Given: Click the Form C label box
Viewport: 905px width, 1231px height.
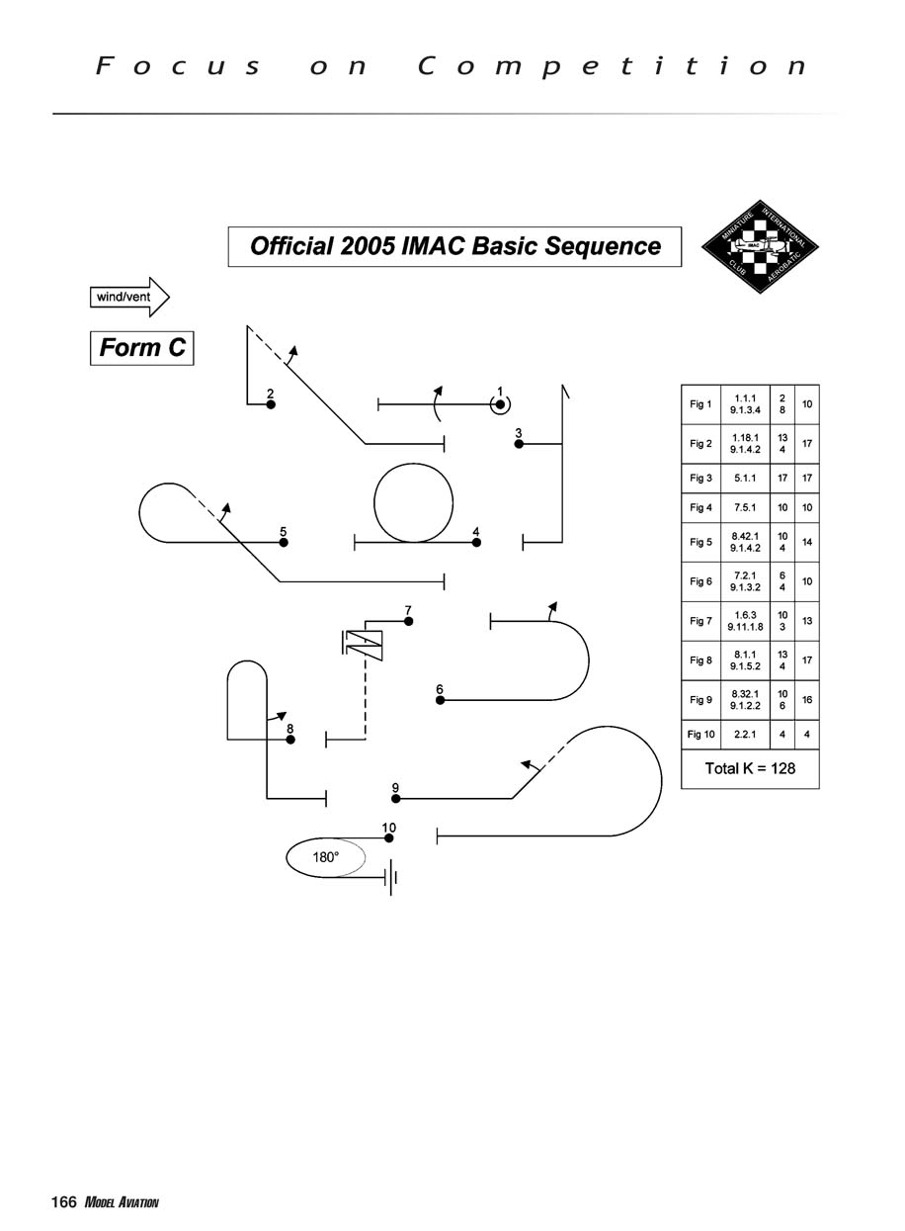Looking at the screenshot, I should [x=142, y=348].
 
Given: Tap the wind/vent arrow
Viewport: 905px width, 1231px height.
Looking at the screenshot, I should [x=129, y=297].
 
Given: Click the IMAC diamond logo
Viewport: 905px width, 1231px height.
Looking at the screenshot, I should [x=761, y=246].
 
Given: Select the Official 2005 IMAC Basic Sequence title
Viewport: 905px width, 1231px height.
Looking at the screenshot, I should [x=454, y=246].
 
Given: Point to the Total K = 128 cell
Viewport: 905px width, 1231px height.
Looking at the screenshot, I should [x=750, y=768].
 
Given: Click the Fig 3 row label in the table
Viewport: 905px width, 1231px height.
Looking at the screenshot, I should [x=700, y=479].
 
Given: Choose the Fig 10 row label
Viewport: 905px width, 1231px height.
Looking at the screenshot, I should [x=700, y=735].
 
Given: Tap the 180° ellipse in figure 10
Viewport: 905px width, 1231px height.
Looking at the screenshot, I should [x=326, y=857].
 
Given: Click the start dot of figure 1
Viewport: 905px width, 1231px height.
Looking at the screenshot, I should [x=501, y=403].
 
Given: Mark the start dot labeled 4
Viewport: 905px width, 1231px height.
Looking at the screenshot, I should [x=476, y=542].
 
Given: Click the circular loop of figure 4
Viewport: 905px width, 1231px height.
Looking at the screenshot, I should [x=413, y=502].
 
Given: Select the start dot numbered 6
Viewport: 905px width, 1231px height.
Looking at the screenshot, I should [x=441, y=700].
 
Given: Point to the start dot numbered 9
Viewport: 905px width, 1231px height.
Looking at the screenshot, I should [x=395, y=798].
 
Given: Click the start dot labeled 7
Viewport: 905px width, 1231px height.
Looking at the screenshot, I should [x=408, y=621].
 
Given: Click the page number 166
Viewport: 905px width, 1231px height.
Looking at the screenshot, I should [x=64, y=1202].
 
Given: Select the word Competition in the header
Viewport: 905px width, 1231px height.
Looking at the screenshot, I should [x=613, y=66].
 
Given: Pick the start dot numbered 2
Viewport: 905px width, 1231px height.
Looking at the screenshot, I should [x=271, y=404].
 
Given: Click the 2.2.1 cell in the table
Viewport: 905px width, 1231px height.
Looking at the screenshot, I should [x=746, y=735].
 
